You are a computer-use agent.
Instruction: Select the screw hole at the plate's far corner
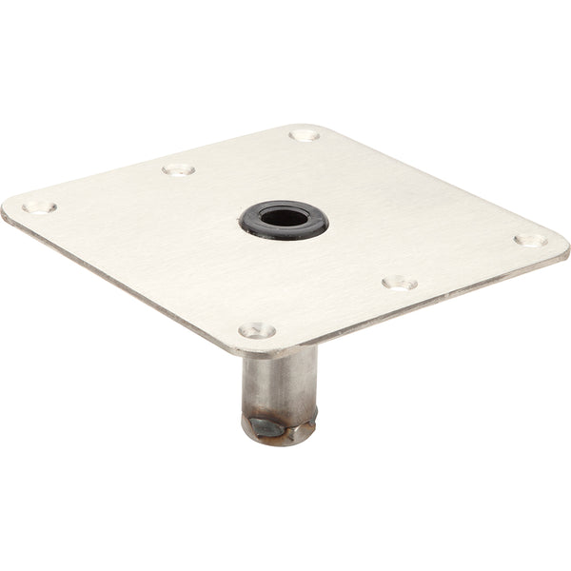305,135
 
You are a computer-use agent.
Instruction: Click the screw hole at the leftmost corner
39,207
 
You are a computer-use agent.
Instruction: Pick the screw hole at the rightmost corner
530,240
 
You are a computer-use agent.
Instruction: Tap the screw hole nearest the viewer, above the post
256,330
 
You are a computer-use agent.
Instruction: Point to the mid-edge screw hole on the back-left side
178,169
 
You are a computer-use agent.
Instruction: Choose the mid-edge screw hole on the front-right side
400,282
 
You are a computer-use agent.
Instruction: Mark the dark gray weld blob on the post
267,425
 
